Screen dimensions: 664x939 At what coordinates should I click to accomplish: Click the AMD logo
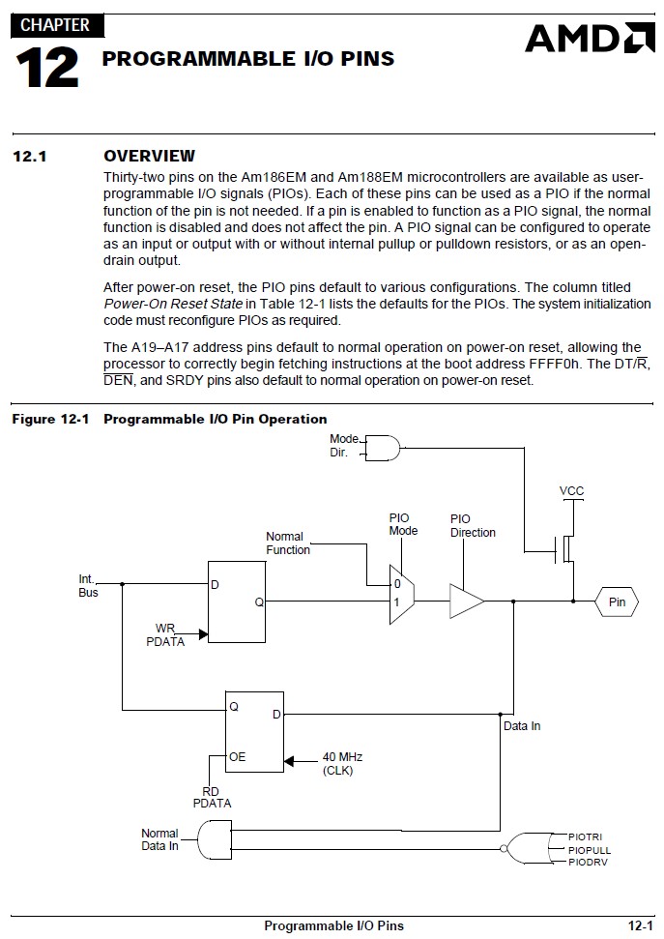(x=590, y=39)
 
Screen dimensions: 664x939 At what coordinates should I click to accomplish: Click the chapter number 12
(x=46, y=68)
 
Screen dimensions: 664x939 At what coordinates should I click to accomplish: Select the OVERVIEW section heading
(x=149, y=156)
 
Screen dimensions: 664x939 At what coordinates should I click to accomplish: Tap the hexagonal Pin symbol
(x=616, y=602)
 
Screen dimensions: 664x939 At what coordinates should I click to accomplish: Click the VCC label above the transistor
(x=571, y=491)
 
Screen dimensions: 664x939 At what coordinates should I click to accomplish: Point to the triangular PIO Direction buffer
(x=467, y=602)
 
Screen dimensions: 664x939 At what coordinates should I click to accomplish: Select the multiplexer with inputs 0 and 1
(x=402, y=594)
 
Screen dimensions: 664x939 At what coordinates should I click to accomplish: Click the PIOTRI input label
(x=585, y=836)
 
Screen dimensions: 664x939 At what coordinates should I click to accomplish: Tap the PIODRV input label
(x=588, y=863)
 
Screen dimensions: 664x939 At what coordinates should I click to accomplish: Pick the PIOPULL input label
(x=590, y=850)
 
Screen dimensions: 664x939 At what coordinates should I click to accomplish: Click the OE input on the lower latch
(x=237, y=757)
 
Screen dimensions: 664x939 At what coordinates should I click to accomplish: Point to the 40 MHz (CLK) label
(x=342, y=764)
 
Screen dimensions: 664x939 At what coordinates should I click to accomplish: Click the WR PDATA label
(x=165, y=634)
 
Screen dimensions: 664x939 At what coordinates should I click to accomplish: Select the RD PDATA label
(x=212, y=797)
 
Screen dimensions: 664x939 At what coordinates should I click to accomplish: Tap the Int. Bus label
(x=87, y=586)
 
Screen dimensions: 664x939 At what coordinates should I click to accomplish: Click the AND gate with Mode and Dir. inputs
(x=382, y=448)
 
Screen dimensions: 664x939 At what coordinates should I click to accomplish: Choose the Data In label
(x=522, y=726)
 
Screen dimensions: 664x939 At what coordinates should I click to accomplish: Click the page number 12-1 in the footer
(x=640, y=925)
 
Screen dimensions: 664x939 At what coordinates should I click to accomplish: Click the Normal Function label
(x=288, y=543)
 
